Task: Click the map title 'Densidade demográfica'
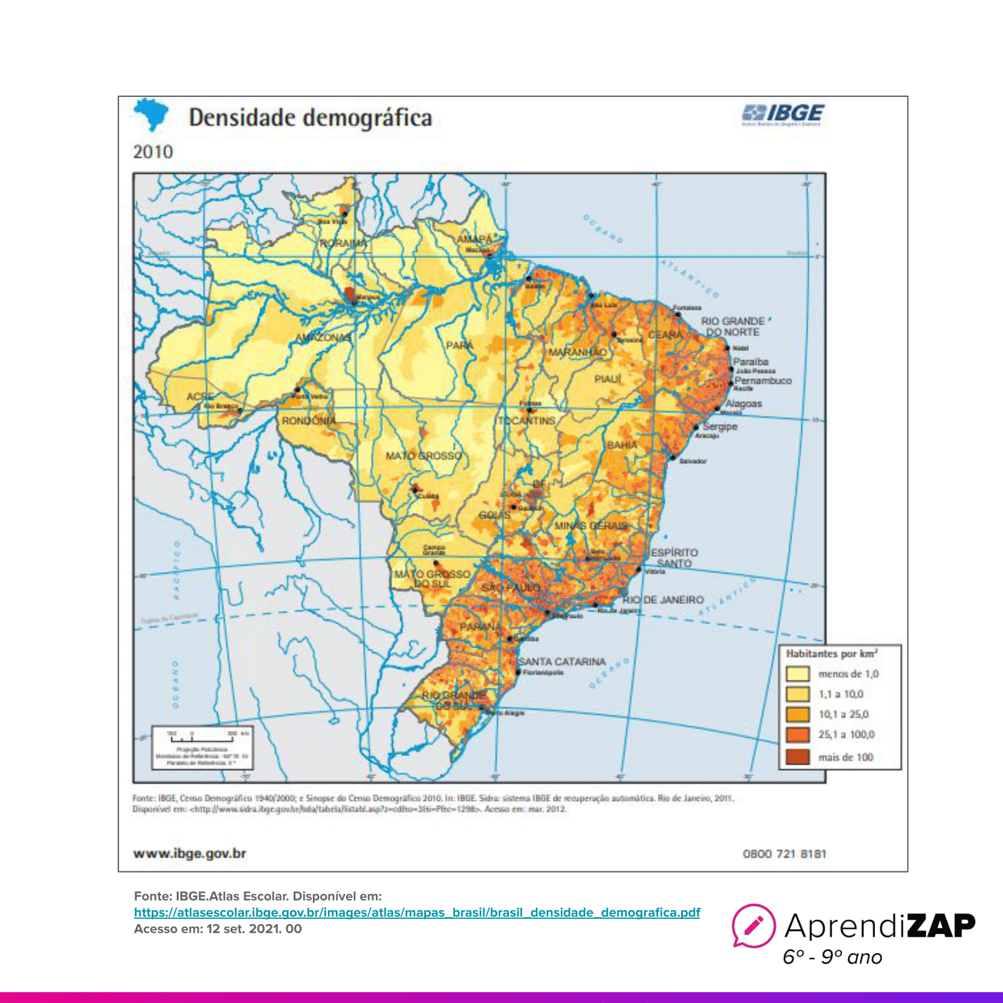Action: click(x=310, y=118)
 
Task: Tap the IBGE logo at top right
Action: click(x=783, y=114)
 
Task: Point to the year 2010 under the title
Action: click(x=153, y=152)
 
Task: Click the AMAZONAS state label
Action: click(x=323, y=338)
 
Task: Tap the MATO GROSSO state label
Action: click(x=424, y=455)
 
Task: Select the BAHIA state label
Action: click(x=622, y=445)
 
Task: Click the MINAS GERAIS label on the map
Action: click(x=590, y=526)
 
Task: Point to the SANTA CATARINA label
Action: click(x=562, y=662)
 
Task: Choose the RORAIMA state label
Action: click(x=343, y=243)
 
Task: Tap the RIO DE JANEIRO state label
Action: click(x=663, y=600)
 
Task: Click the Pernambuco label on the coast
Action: click(x=763, y=381)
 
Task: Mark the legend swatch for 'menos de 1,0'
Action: click(x=797, y=674)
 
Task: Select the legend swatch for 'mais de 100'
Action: click(x=797, y=757)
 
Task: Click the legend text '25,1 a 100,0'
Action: click(x=846, y=735)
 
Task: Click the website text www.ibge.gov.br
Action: click(x=190, y=853)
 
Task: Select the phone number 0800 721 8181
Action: click(x=785, y=854)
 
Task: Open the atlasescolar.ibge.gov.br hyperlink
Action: click(x=417, y=912)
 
